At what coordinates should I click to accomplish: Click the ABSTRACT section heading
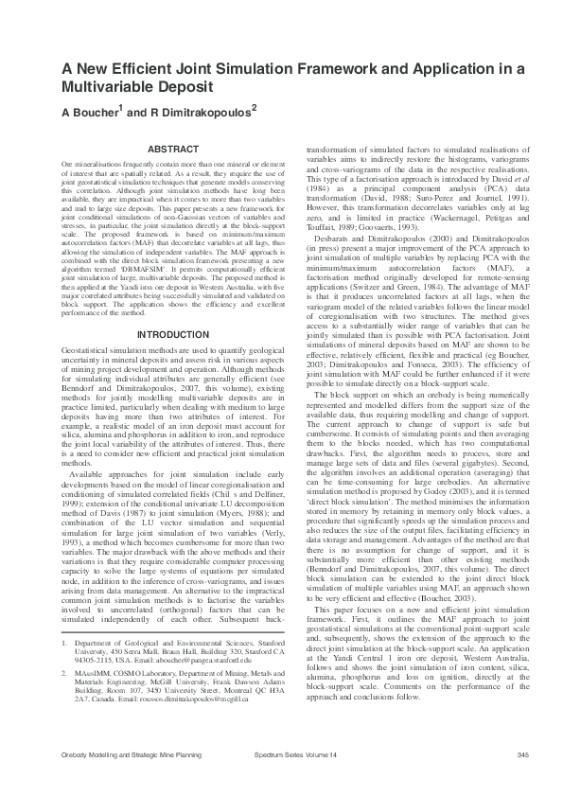(x=173, y=150)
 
